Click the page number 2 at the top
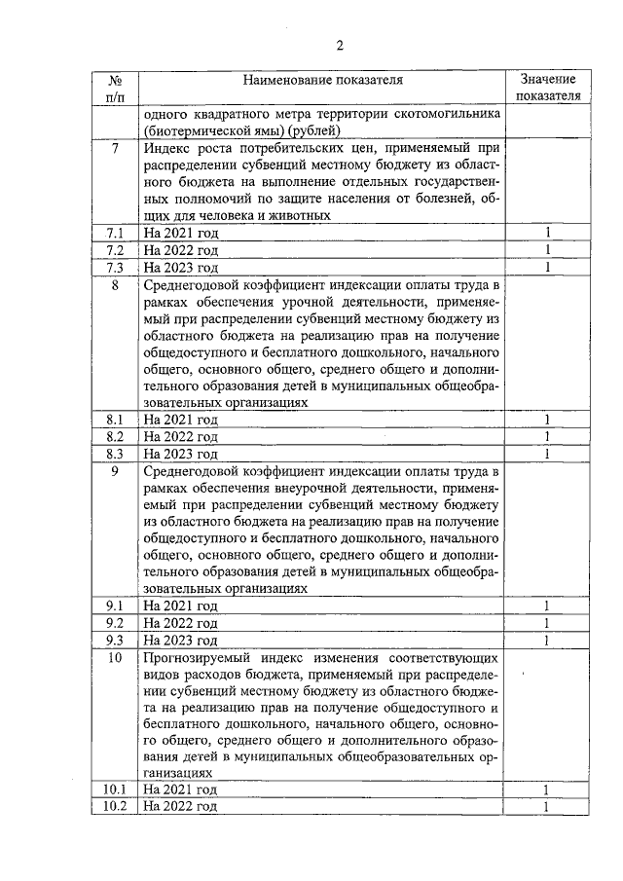(340, 45)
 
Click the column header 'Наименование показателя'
(322, 80)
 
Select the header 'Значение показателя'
(548, 88)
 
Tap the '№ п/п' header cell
(115, 88)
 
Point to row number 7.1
(115, 233)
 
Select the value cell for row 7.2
(548, 250)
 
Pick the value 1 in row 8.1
(548, 420)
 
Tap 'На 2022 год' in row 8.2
(180, 437)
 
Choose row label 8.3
(115, 454)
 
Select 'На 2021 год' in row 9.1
(180, 606)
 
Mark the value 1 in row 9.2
(548, 623)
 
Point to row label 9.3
(115, 641)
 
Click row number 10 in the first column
(115, 658)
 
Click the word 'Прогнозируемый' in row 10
(198, 658)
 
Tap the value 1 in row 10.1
(548, 789)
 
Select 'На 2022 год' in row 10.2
(180, 807)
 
